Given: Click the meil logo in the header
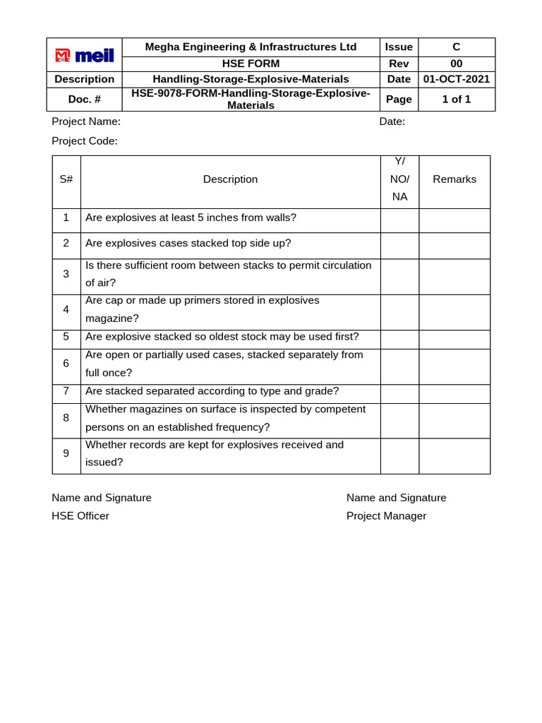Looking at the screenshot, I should coord(84,55).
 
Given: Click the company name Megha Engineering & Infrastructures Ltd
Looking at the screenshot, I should coord(251,47).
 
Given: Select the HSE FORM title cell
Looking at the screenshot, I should coord(251,64).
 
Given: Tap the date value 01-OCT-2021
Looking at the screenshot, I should coord(456,79).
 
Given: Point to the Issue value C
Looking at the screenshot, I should coord(456,47).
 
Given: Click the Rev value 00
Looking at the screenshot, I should coord(456,64).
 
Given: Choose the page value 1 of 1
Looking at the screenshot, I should coord(456,100).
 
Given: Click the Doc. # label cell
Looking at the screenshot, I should coord(84,100).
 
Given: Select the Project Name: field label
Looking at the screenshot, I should coord(86,121).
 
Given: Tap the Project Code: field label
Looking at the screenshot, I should coord(85,141).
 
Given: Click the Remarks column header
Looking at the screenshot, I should coord(454,179).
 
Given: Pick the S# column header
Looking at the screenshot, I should coord(66,179).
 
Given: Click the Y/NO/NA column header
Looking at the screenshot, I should coord(399,179).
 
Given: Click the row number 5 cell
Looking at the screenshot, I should coord(66,337).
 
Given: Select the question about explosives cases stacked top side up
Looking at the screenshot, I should coord(188,244).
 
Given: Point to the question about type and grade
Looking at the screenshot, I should coord(212,391).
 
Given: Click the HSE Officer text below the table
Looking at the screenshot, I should coord(80,516).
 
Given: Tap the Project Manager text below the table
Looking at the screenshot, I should coord(386,516).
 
